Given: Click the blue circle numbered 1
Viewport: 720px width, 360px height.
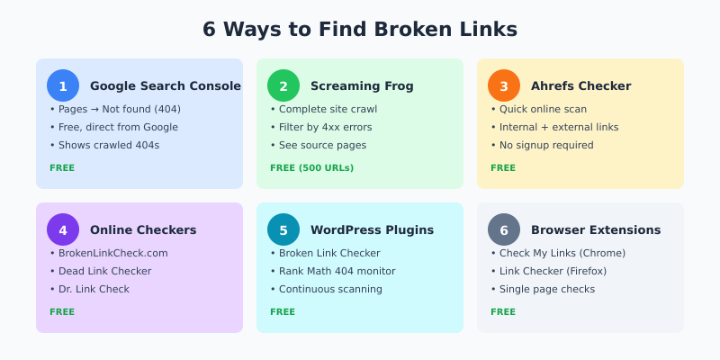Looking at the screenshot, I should click(63, 85).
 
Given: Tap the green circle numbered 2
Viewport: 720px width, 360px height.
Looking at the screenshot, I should click(283, 85).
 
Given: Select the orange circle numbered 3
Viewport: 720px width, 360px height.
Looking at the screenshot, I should click(504, 85).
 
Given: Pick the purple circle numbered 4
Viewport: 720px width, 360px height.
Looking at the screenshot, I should click(63, 229).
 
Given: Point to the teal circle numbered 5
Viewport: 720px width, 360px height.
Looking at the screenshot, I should click(283, 229).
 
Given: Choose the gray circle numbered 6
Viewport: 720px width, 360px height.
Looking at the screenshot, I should click(504, 229).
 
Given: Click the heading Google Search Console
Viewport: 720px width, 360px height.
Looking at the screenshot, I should click(165, 86).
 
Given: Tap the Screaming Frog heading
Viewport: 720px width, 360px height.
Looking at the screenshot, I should click(362, 86).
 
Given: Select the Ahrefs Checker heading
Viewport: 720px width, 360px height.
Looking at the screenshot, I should click(581, 86).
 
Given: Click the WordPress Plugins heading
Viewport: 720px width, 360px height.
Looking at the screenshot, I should click(372, 230).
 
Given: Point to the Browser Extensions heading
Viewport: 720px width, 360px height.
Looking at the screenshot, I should click(596, 230).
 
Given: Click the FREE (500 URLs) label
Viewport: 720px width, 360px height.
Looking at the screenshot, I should click(311, 167).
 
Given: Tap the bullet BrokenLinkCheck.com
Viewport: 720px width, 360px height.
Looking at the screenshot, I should click(112, 253).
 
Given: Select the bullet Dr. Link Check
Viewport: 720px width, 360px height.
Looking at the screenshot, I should click(94, 289).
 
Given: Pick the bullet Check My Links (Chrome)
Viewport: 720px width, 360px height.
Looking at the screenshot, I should click(562, 253).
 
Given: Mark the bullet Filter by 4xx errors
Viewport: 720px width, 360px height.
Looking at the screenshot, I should click(325, 127).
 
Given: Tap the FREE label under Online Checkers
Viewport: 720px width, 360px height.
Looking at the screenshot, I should click(62, 311).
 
